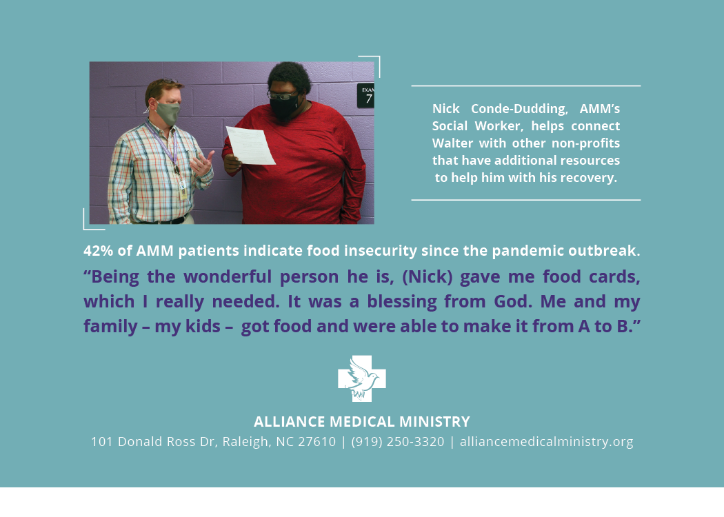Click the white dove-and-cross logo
[362, 378]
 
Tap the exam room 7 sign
[365, 96]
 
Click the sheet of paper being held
[251, 145]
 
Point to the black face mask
[283, 107]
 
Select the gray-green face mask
[167, 112]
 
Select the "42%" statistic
[98, 251]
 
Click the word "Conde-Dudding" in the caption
[519, 109]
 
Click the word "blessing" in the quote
[402, 302]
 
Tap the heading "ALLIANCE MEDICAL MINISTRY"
[362, 421]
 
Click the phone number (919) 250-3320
[398, 442]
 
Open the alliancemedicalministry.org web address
[546, 442]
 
